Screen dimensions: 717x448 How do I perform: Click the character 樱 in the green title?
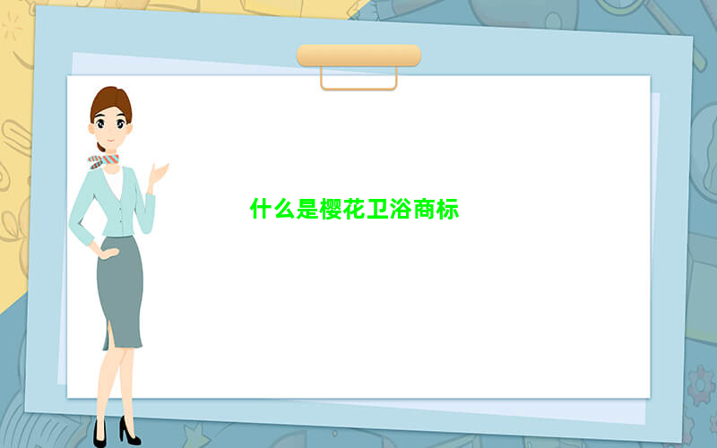click(x=331, y=209)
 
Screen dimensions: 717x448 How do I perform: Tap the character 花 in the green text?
click(x=354, y=209)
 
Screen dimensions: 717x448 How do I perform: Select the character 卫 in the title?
click(x=377, y=209)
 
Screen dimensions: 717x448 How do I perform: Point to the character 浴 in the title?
click(x=401, y=209)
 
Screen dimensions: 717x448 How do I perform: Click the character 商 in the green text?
click(x=424, y=209)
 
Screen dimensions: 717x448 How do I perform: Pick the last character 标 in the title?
click(x=447, y=209)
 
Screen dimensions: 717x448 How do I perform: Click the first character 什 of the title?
click(x=261, y=209)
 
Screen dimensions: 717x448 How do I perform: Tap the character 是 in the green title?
click(x=307, y=209)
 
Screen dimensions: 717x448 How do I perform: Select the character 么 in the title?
click(x=284, y=209)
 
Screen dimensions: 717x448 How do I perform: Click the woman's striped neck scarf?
click(x=103, y=161)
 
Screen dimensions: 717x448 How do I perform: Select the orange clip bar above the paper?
click(x=359, y=56)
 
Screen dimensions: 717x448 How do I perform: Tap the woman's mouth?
click(x=110, y=140)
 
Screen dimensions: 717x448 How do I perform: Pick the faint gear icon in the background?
click(x=702, y=385)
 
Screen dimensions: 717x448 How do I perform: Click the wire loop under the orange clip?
click(x=359, y=88)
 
